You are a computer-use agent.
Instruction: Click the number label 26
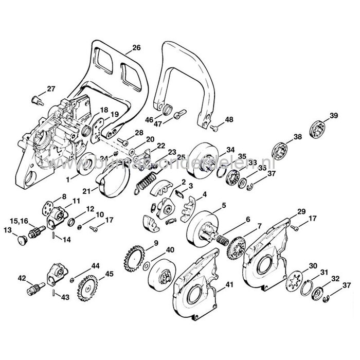pos(136,48)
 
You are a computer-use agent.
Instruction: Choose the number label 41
pos(228,284)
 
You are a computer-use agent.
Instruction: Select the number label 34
pos(216,150)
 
